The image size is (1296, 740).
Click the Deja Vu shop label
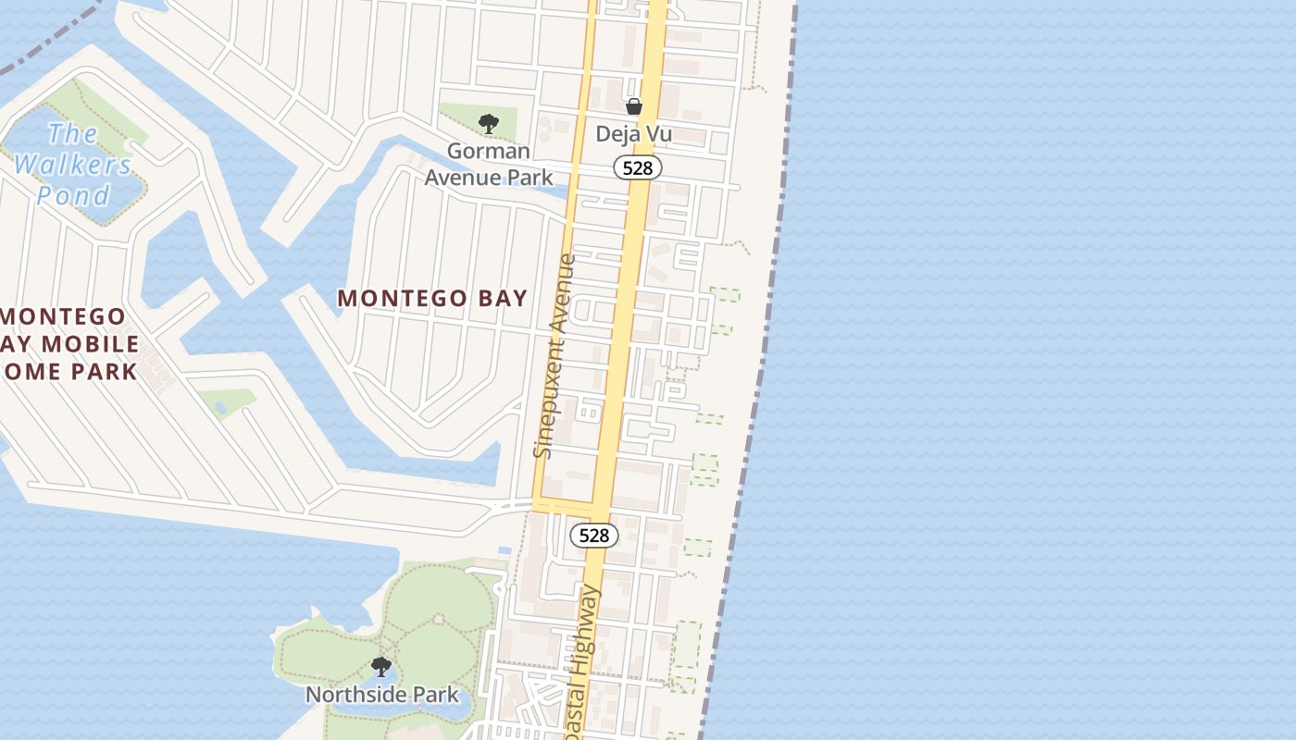pyautogui.click(x=633, y=134)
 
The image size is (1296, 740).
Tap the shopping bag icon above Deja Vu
pyautogui.click(x=634, y=106)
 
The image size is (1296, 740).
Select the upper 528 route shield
pyautogui.click(x=638, y=167)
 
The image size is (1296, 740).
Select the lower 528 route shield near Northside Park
pyautogui.click(x=593, y=535)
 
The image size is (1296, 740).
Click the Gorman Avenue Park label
pyautogui.click(x=489, y=164)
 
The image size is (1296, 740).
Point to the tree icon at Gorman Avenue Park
pyautogui.click(x=489, y=123)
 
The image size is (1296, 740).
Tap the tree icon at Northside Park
pyautogui.click(x=380, y=666)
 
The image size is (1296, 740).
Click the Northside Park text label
pyautogui.click(x=382, y=694)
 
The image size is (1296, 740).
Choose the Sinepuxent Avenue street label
pyautogui.click(x=555, y=355)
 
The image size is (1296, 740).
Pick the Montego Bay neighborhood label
pyautogui.click(x=432, y=298)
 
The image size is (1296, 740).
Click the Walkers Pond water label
pyautogui.click(x=72, y=165)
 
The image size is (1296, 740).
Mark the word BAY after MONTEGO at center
pyautogui.click(x=501, y=298)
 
